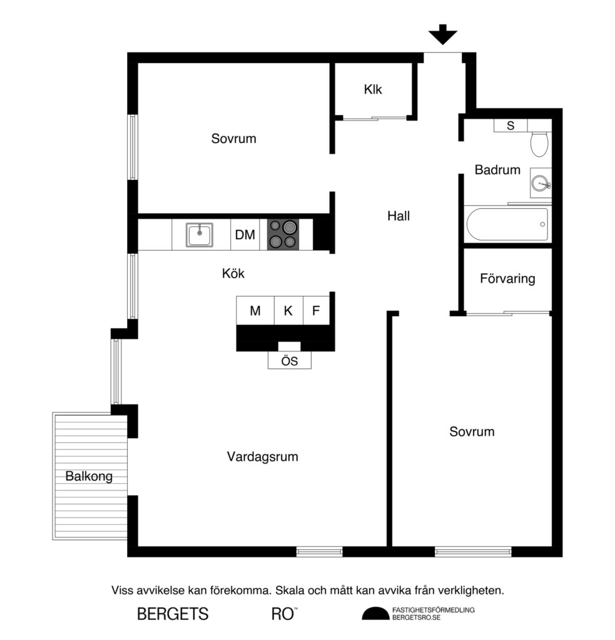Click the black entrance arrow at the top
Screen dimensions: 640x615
point(443,34)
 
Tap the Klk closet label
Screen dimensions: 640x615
point(373,89)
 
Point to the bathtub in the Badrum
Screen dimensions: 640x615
point(507,225)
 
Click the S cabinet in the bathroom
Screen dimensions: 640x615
point(510,126)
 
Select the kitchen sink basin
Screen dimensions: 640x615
point(200,235)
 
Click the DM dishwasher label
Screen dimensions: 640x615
point(245,235)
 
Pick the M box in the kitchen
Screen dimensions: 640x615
point(255,311)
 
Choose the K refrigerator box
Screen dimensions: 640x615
point(288,311)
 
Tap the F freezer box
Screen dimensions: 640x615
point(316,311)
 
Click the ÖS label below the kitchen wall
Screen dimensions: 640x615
point(289,361)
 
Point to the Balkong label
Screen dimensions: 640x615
point(89,477)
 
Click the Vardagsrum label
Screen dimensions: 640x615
point(262,457)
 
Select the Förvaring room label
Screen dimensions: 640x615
point(507,279)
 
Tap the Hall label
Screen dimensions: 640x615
point(399,216)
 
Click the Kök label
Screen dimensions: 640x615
point(233,273)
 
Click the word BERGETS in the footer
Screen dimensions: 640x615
point(173,614)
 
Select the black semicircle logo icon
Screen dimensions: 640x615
point(375,614)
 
